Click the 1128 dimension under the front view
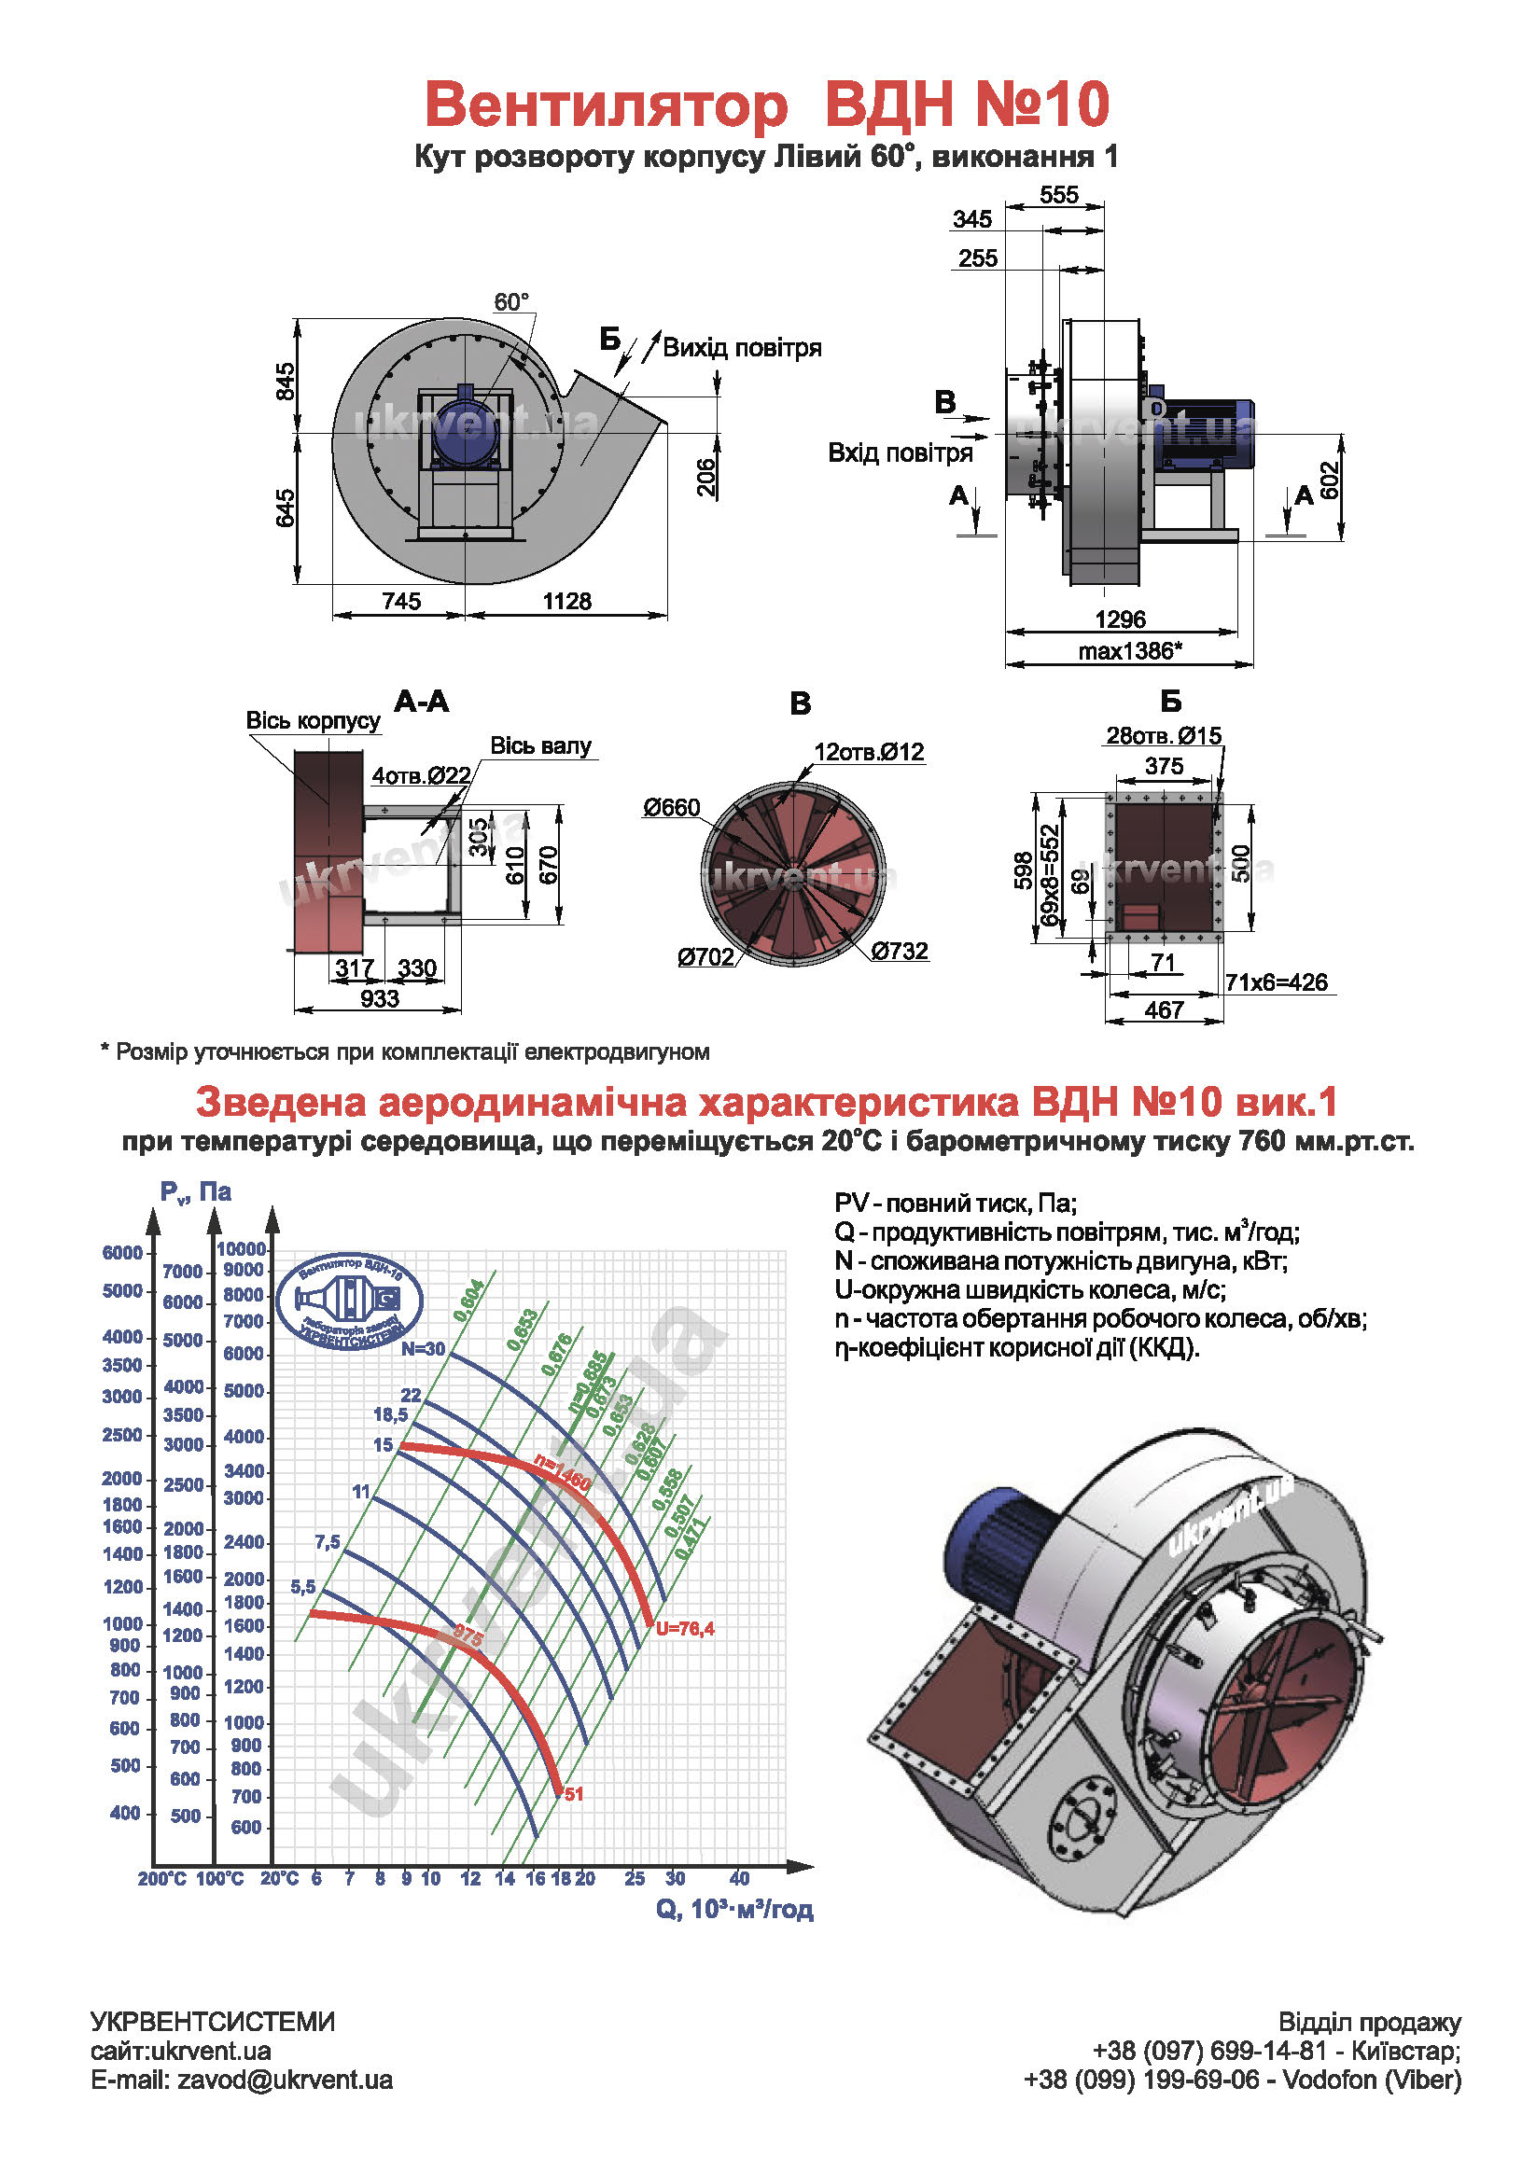[566, 602]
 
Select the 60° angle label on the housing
[510, 302]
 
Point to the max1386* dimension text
[1129, 651]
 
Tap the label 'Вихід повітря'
[742, 348]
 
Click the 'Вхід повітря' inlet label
[900, 452]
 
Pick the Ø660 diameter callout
[672, 808]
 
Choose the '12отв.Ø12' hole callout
[868, 753]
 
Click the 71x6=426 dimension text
[1276, 982]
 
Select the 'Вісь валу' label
[540, 746]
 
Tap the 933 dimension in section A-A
[379, 998]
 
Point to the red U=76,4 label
[685, 1628]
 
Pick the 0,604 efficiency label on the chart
[469, 1301]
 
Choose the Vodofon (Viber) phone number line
[1242, 2081]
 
